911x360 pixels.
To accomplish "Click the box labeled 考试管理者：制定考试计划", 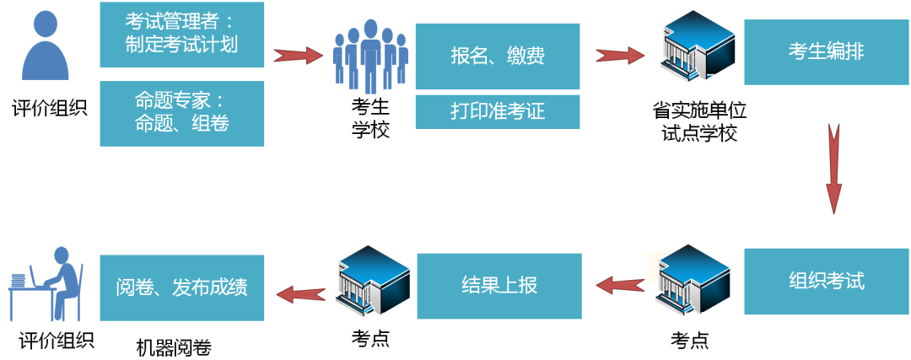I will (181, 35).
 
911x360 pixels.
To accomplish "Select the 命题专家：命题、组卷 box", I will (181, 113).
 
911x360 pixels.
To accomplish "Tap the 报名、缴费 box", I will (498, 56).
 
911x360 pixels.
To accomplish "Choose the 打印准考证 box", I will (498, 111).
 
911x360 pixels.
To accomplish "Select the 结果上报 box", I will (499, 286).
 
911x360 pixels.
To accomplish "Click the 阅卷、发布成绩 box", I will (181, 287).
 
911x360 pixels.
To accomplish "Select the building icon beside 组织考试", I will (693, 281).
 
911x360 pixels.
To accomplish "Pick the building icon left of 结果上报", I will (372, 281).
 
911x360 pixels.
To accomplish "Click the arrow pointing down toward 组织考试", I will (833, 169).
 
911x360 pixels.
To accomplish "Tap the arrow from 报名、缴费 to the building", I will (620, 56).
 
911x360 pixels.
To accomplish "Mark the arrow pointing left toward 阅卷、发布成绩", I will (301, 293).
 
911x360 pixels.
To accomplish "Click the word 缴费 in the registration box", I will (526, 56).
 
